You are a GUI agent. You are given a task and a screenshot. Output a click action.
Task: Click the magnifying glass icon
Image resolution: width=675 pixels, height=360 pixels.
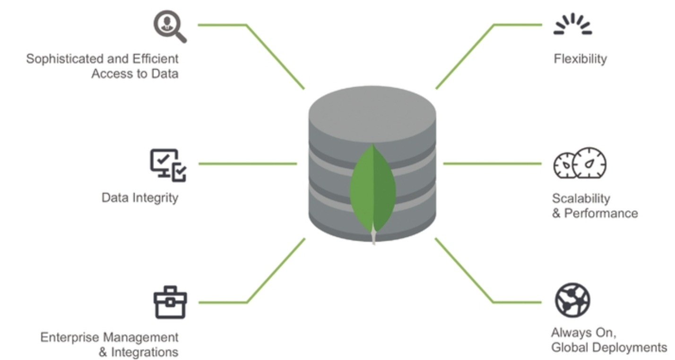coord(169,26)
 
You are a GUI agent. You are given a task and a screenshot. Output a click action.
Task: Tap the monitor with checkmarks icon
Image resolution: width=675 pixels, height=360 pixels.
coord(168,165)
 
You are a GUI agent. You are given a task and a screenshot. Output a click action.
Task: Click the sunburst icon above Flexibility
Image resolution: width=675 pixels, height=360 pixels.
coord(572,25)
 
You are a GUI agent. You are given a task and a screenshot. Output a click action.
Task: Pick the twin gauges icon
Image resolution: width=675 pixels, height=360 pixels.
coord(580,163)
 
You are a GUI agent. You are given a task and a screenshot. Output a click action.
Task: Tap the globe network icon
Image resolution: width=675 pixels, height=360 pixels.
coord(572,300)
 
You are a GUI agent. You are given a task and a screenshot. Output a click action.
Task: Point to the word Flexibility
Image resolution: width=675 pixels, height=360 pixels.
coord(580,59)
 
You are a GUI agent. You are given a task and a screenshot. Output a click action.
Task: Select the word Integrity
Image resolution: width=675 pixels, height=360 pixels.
coord(155,197)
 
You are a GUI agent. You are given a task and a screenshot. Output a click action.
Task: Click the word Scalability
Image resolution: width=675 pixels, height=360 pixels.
coord(581,198)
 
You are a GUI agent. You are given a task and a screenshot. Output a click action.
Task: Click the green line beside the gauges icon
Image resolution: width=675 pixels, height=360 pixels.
coord(492,164)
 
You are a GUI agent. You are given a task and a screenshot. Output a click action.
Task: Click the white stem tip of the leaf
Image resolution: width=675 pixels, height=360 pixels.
coord(374,236)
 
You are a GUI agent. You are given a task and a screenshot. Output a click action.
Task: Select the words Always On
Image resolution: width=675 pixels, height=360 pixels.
coord(583,333)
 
